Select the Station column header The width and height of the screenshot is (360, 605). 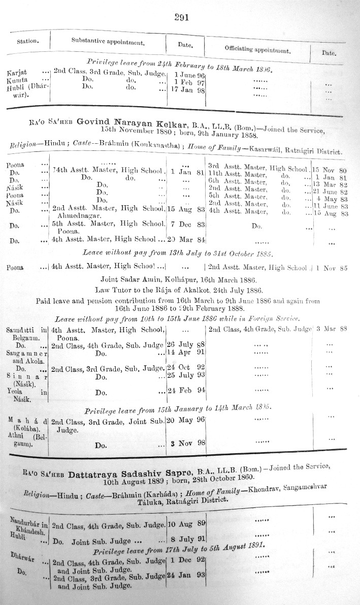[29, 41]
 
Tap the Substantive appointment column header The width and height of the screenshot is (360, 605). [107, 41]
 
